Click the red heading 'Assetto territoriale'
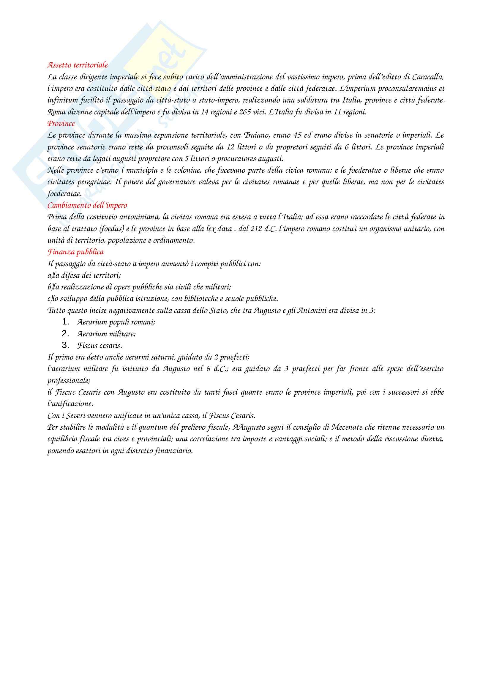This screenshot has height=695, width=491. pyautogui.click(x=78, y=65)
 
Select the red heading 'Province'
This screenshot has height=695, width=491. pyautogui.click(x=61, y=124)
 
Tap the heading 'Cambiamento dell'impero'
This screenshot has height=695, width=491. pyautogui.click(x=87, y=205)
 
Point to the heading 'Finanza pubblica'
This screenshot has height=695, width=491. pyautogui.click(x=75, y=252)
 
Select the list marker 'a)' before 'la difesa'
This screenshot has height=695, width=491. pyautogui.click(x=50, y=275)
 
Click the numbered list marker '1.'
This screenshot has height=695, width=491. pyautogui.click(x=66, y=322)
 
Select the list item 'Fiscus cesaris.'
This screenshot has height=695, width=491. pyautogui.click(x=100, y=345)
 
